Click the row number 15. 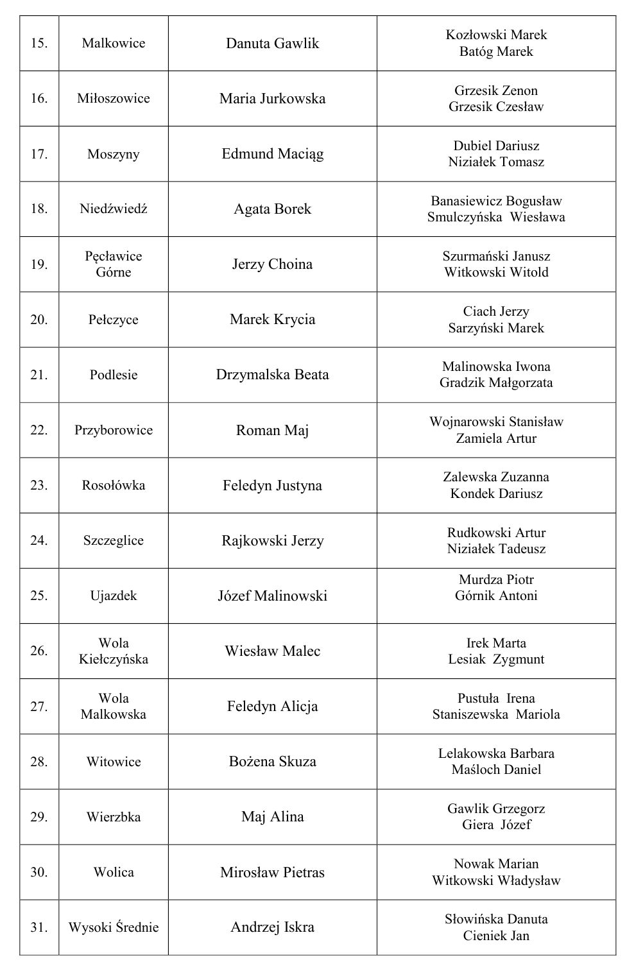pos(39,44)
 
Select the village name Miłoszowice pos(114,99)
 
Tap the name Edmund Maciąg pos(272,154)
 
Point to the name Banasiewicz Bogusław pos(496,201)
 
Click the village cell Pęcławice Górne pos(114,264)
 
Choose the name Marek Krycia pos(272,320)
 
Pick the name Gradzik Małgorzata pos(496,383)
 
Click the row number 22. pos(39,430)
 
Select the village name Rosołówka pos(114,485)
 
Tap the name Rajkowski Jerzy pos(272,540)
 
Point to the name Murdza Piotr pos(496,579)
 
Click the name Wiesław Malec pos(272,651)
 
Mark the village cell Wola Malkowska pos(114,706)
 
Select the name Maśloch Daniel pos(496,769)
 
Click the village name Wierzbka pos(114,817)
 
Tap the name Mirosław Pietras pos(272,872)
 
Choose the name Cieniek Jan pos(496,936)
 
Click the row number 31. pos(39,927)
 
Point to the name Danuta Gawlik pos(272,44)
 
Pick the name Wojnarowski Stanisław pos(496,422)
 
